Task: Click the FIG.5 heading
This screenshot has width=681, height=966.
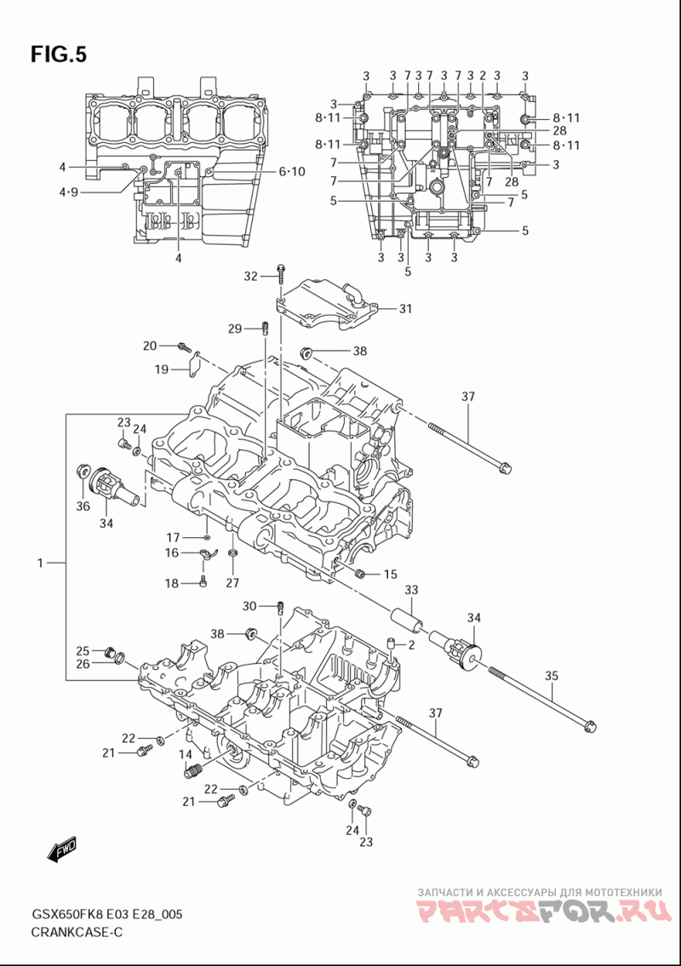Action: pyautogui.click(x=59, y=54)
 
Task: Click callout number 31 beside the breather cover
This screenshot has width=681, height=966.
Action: pyautogui.click(x=405, y=309)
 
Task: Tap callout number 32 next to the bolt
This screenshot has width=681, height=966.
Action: pyautogui.click(x=250, y=277)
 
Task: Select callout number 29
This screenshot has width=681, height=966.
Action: pyautogui.click(x=235, y=329)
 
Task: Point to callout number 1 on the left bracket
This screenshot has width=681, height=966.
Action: pyautogui.click(x=40, y=563)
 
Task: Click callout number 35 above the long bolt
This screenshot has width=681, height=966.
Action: pyautogui.click(x=551, y=676)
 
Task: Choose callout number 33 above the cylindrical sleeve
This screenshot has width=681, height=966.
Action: pyautogui.click(x=411, y=590)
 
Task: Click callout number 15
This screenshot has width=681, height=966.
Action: pyautogui.click(x=390, y=574)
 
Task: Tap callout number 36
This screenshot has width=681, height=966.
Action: pyautogui.click(x=83, y=506)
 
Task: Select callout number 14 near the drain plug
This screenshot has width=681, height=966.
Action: pyautogui.click(x=186, y=754)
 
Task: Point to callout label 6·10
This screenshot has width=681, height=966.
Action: pyautogui.click(x=291, y=172)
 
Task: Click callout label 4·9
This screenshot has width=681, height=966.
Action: pyautogui.click(x=68, y=192)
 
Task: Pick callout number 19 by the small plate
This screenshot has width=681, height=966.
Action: pyautogui.click(x=162, y=369)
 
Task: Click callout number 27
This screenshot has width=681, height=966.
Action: pyautogui.click(x=232, y=583)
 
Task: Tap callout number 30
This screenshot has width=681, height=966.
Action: pyautogui.click(x=249, y=606)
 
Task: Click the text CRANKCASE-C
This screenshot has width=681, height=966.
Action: pyautogui.click(x=77, y=932)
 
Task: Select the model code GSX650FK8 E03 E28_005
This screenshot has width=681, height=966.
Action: pyautogui.click(x=106, y=914)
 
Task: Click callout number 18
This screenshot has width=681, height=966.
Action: pyautogui.click(x=171, y=583)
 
